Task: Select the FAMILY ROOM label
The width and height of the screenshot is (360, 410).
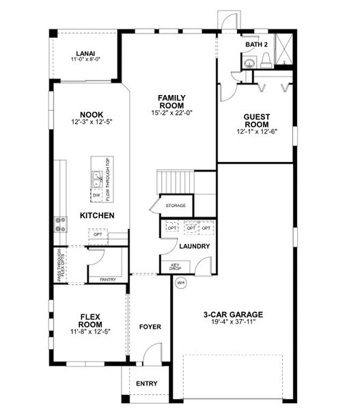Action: [x=169, y=102]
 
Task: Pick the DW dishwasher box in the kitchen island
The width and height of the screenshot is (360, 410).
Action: [x=96, y=195]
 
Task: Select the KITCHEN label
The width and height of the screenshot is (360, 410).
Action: [x=96, y=215]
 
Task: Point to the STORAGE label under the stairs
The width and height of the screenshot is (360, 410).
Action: [x=176, y=204]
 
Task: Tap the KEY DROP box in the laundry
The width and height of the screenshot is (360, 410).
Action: [x=171, y=267]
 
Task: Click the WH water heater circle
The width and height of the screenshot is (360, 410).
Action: [x=180, y=282]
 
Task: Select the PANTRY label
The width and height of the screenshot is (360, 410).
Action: [x=108, y=279]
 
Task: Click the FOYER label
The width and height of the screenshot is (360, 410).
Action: [x=150, y=327]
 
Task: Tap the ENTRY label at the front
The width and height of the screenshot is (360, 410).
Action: [x=146, y=383]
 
